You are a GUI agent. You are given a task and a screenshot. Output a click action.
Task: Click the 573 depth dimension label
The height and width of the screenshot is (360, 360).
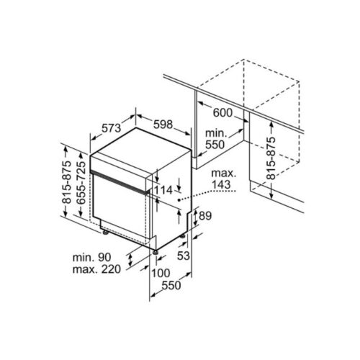tap(110, 127)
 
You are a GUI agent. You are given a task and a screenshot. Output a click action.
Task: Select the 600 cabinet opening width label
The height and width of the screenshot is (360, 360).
tap(222, 113)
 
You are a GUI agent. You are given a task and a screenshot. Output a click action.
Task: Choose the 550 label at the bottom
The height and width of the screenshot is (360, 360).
tap(170, 286)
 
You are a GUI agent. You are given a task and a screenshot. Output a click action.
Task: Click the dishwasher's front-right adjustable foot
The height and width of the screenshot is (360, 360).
tap(155, 251)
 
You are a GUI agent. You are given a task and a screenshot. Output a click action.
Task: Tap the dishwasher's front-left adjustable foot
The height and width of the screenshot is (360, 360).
tap(105, 233)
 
